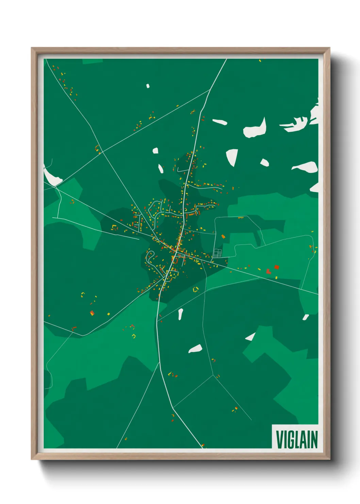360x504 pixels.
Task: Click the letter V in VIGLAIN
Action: click(279, 440)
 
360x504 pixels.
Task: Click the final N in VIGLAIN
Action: click(314, 440)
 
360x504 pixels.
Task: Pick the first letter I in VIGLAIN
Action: click(285, 440)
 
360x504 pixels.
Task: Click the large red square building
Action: click(277, 267)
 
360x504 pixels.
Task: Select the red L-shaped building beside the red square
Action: click(268, 271)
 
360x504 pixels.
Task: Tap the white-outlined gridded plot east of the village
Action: click(217, 253)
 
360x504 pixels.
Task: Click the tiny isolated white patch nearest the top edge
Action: click(148, 86)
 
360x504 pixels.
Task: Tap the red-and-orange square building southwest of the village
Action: click(92, 313)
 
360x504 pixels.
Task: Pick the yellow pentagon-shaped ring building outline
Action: click(196, 290)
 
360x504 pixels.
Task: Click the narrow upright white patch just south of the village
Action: click(180, 314)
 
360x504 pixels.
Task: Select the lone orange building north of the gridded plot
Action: click(223, 236)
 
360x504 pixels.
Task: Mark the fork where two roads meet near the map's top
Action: click(210, 90)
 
